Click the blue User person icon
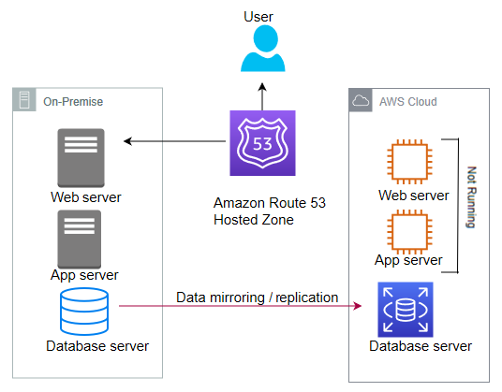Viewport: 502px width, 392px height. (263, 49)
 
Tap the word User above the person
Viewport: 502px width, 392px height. (258, 17)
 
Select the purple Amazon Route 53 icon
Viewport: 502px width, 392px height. (262, 143)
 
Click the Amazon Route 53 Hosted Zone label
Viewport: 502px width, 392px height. (269, 211)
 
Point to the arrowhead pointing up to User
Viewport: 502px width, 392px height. (262, 86)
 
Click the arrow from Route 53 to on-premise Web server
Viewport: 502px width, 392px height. (175, 141)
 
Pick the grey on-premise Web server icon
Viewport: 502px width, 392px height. (81, 158)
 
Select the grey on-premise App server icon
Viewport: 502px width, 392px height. (80, 240)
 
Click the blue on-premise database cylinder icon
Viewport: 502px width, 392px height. (84, 312)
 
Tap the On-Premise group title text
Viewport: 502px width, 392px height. (73, 102)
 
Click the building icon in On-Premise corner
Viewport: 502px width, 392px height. (24, 99)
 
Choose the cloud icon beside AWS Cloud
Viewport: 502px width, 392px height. (361, 100)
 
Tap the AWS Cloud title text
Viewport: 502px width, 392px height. (408, 102)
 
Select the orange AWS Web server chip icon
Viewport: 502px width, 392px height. (410, 162)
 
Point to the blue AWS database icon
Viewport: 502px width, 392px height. (406, 310)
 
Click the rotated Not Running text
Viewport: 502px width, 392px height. (471, 197)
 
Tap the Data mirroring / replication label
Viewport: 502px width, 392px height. (257, 298)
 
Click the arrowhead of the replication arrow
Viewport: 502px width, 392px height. (358, 306)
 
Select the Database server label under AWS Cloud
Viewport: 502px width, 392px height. (421, 346)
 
